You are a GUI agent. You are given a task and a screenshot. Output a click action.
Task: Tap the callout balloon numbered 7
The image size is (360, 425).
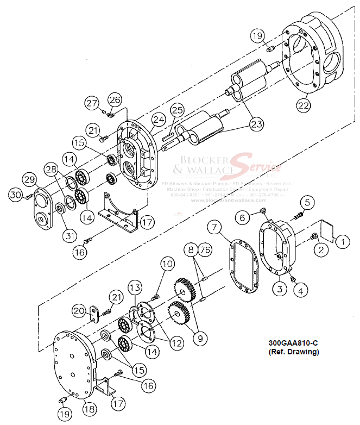point(214,226)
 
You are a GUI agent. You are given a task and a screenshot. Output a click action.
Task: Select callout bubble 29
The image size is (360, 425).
point(29,179)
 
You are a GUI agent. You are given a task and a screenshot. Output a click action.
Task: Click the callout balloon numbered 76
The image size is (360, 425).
point(205,250)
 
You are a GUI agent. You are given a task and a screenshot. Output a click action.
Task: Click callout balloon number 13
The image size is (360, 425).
point(135,287)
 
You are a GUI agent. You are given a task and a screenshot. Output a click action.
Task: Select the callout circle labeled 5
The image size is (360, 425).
point(307,203)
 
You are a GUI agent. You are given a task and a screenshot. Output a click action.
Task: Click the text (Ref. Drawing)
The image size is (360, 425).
point(294,352)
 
